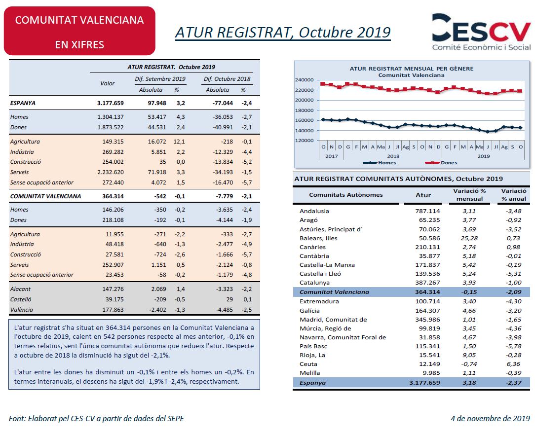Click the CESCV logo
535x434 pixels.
481,33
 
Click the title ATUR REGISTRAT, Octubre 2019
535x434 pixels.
283,33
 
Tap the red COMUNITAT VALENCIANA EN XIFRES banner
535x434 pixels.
79,31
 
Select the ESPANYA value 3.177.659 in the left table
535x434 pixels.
110,103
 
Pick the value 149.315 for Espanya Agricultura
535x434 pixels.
113,142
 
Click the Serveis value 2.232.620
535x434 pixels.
110,172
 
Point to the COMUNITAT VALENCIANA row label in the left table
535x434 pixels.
46,196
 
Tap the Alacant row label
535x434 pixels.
20,289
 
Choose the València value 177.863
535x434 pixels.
113,310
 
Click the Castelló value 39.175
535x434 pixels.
115,299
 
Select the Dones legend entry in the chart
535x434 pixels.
441,163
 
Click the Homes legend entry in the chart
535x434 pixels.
379,163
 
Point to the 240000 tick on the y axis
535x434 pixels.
304,80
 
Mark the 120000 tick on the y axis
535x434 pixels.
304,141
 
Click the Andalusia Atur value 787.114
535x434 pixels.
427,211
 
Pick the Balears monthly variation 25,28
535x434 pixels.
469,238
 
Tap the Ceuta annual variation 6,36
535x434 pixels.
513,364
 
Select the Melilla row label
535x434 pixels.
310,373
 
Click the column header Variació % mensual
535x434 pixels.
469,195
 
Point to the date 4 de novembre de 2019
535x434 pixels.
490,418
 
